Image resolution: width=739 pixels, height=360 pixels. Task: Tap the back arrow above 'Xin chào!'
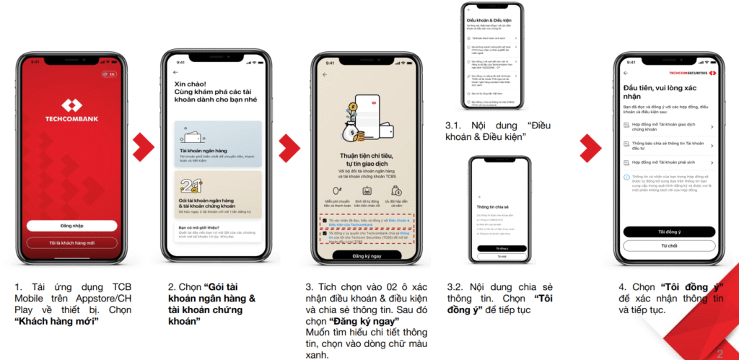175,73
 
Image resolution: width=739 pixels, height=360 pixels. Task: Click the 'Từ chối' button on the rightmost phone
668,246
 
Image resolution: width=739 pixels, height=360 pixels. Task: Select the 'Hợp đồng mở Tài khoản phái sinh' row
668,164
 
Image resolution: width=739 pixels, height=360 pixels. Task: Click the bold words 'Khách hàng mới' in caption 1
56,321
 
